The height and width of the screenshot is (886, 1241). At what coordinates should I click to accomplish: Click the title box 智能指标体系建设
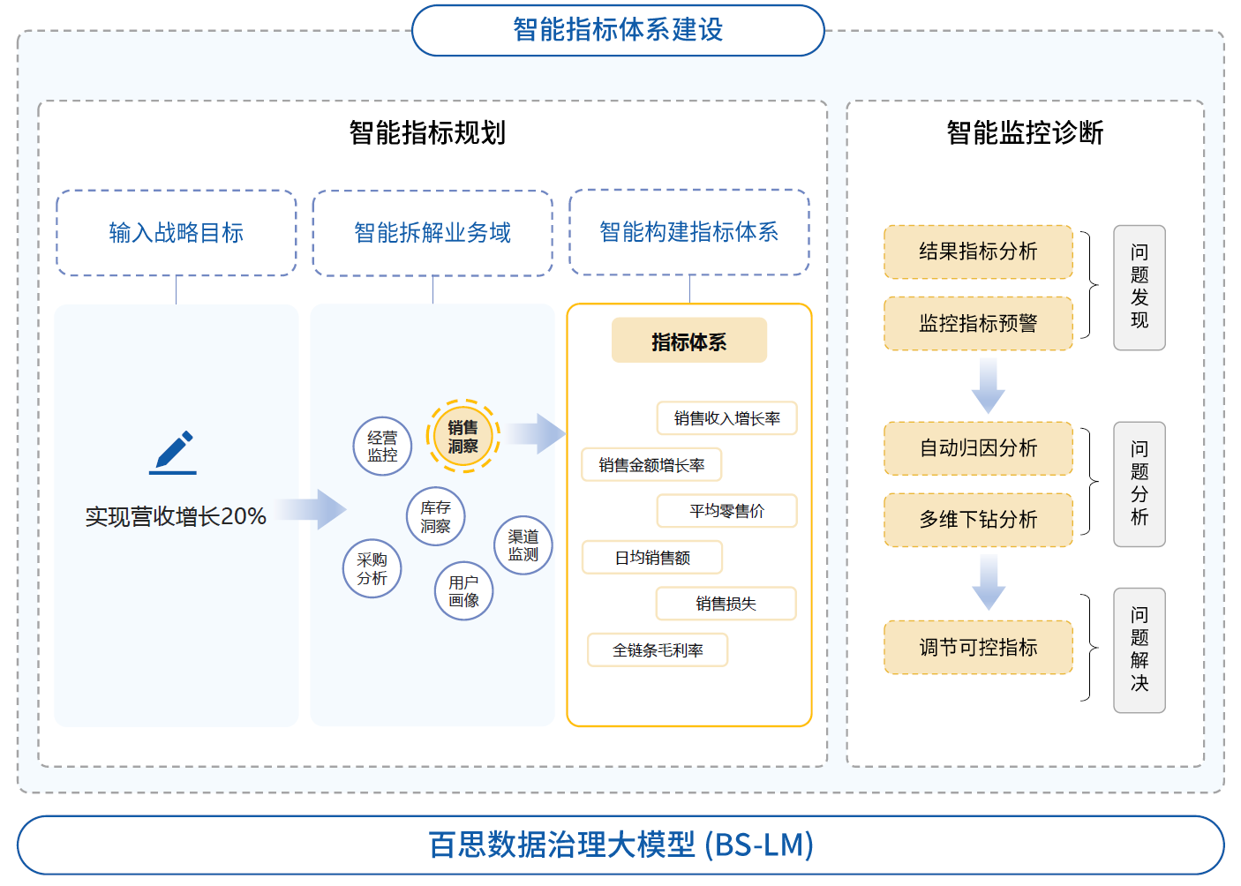point(618,30)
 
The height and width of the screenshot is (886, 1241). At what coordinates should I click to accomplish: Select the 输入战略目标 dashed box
point(177,233)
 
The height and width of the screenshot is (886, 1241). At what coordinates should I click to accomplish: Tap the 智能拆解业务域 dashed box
point(432,233)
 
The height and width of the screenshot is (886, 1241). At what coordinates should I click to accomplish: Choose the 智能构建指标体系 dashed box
point(689,232)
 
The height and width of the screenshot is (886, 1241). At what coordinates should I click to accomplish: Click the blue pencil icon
point(174,452)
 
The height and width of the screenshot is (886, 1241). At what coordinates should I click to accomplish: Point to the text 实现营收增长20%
point(176,516)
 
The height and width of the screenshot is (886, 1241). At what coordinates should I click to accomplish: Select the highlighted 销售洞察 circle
point(463,437)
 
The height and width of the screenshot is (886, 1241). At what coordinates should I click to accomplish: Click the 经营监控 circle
point(382,447)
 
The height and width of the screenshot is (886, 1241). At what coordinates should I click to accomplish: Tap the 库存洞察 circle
point(435,517)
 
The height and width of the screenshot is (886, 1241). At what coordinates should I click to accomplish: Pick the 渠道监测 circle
point(523,545)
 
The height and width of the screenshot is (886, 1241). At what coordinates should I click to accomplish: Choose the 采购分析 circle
point(372,569)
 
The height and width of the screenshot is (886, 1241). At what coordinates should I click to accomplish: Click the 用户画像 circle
point(463,591)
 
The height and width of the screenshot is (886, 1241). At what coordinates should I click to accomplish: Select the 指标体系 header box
point(689,341)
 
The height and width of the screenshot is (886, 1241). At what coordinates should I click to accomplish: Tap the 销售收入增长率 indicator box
point(726,418)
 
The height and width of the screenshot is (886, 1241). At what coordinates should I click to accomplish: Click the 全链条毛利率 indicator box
point(658,650)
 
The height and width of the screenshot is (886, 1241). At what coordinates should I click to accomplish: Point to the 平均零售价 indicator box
point(726,511)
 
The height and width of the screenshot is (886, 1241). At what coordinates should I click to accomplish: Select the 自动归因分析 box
point(978,448)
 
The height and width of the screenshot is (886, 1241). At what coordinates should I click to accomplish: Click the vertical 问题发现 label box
point(1139,288)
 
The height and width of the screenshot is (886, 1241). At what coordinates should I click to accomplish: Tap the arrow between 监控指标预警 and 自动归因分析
point(989,386)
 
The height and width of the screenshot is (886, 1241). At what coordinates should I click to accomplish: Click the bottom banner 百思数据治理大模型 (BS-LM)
point(620,845)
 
